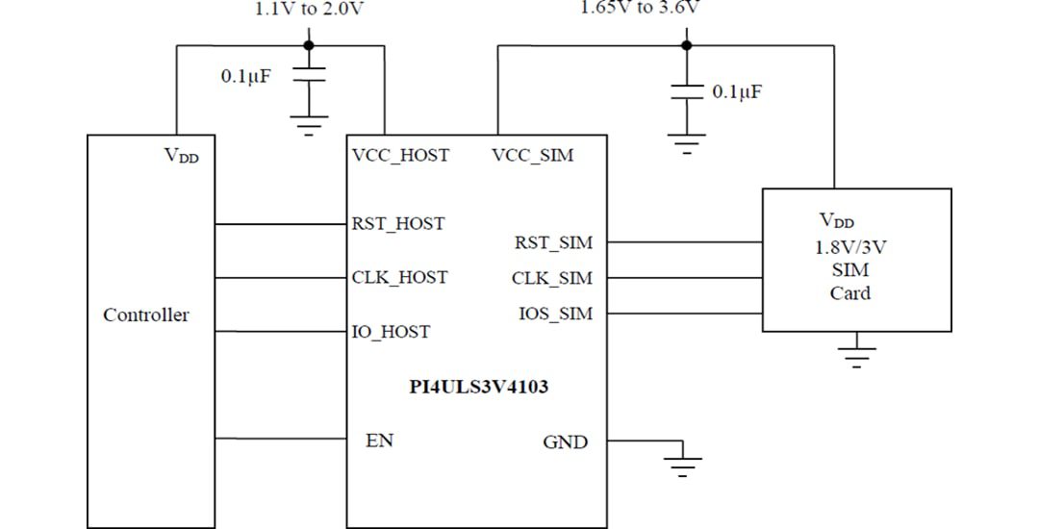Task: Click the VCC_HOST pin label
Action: (400, 155)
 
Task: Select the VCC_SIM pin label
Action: (532, 155)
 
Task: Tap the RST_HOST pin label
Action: (398, 224)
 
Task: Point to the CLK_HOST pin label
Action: (399, 278)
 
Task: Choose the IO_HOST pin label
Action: (391, 332)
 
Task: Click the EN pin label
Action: (380, 441)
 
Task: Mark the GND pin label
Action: (565, 442)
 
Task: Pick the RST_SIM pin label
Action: (553, 243)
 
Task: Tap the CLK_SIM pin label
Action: (552, 279)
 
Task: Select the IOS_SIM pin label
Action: (555, 314)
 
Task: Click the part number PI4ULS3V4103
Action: (479, 388)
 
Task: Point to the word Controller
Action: (146, 315)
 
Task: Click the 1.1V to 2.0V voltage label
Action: (309, 10)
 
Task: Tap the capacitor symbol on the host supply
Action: (308, 76)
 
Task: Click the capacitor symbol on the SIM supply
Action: (686, 91)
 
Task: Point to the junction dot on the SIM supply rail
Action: (686, 44)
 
